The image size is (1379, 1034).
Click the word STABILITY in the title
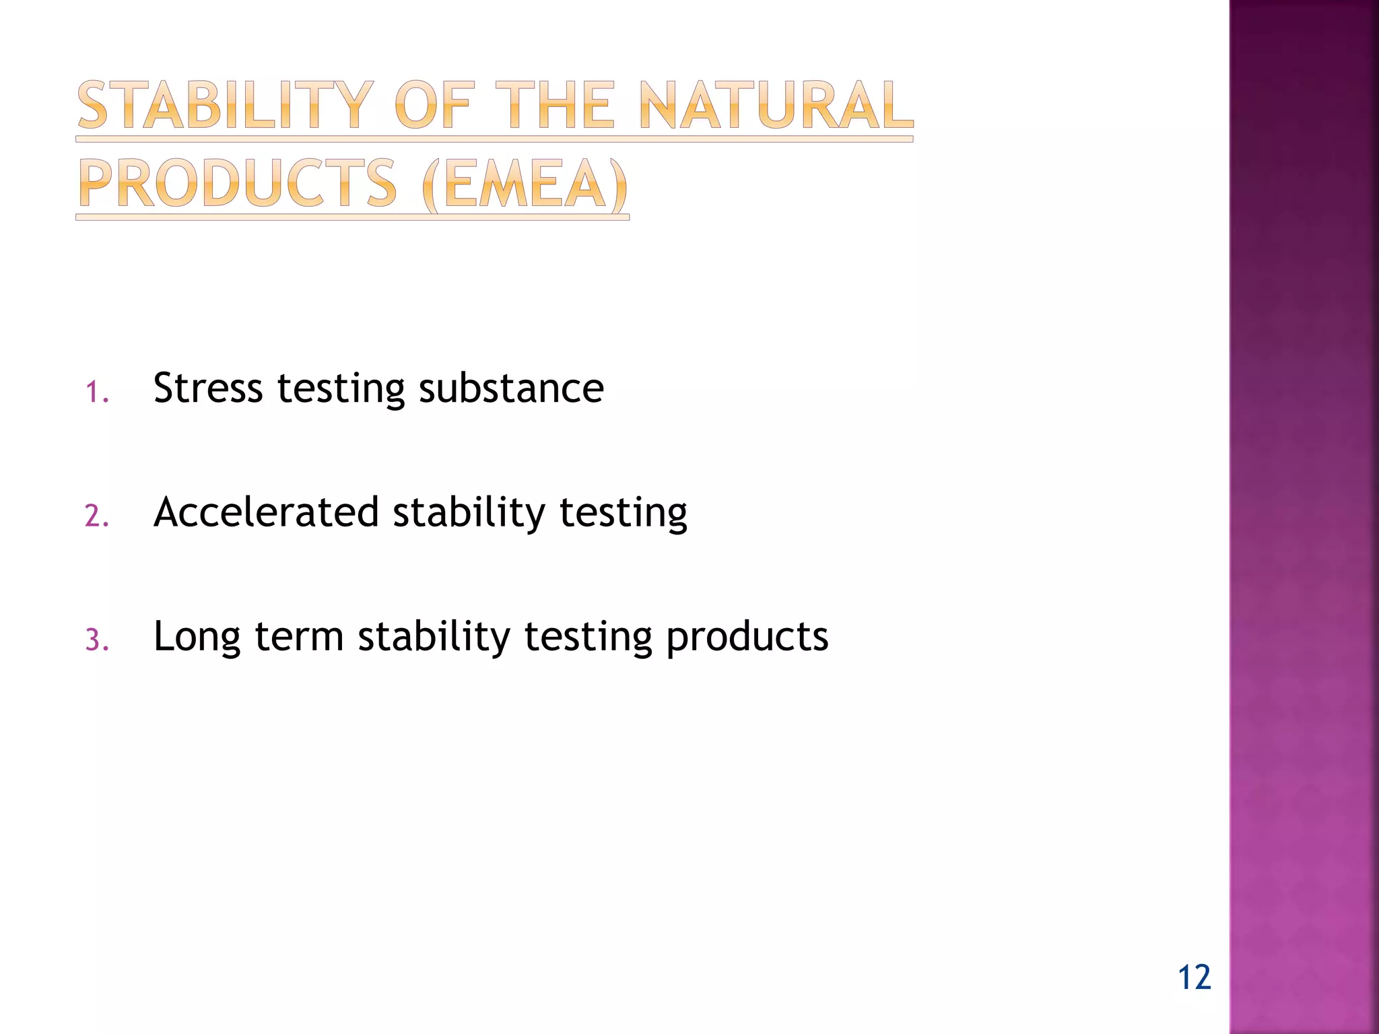225,106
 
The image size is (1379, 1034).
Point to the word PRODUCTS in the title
238,184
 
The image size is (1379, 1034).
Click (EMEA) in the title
525,184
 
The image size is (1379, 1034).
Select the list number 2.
96,516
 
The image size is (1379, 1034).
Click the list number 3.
96,640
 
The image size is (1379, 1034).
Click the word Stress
207,388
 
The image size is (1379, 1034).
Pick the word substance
511,388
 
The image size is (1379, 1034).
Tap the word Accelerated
266,512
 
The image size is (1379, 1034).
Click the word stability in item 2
469,512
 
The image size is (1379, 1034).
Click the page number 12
1194,977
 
